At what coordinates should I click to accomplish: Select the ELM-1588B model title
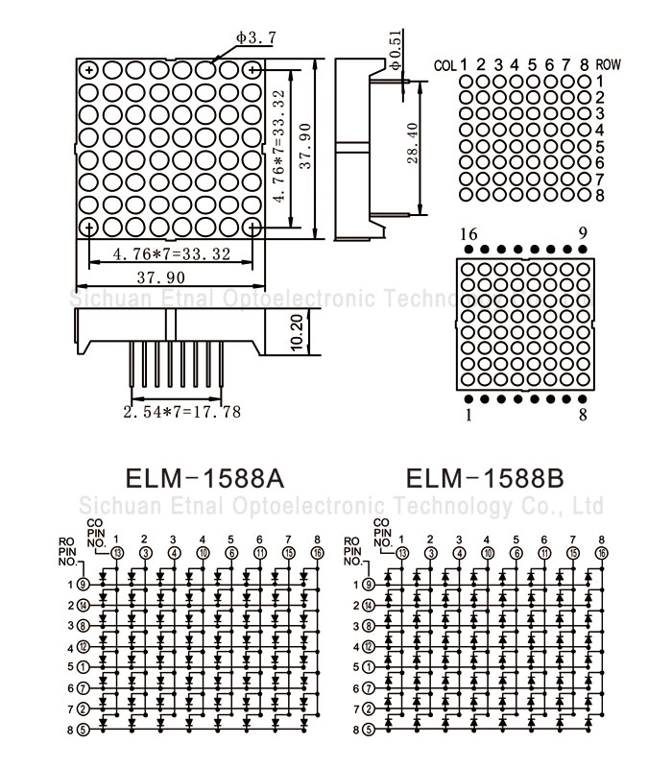[x=485, y=478]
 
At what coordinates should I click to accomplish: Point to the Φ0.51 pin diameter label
[x=396, y=48]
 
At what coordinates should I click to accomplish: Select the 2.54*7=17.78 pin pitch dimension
[x=181, y=413]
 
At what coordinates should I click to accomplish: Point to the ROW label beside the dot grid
[x=608, y=65]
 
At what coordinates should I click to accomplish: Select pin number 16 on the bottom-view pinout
[x=468, y=233]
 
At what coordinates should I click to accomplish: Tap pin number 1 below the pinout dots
[x=468, y=416]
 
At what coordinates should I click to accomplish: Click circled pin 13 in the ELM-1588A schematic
[x=117, y=553]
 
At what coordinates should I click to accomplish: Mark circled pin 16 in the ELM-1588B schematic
[x=601, y=553]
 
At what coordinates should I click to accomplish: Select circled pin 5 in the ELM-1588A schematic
[x=84, y=730]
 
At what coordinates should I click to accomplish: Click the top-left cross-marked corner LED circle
[x=88, y=70]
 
